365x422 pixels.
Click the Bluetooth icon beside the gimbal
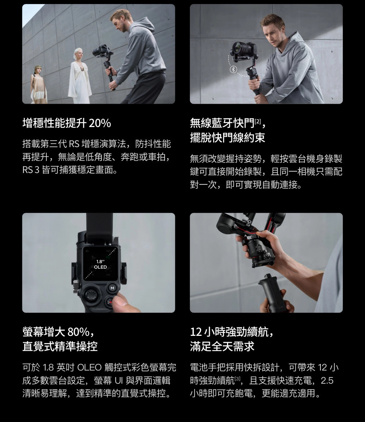click(x=233, y=69)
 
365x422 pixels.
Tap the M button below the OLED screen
click(x=112, y=288)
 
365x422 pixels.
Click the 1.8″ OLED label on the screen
click(x=100, y=264)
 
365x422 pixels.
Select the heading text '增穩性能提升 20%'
click(x=67, y=123)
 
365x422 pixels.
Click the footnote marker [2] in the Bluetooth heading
click(x=258, y=121)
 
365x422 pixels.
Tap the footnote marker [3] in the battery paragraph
click(x=237, y=379)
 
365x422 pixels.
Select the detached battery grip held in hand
click(x=272, y=294)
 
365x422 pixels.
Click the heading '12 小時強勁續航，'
click(x=232, y=332)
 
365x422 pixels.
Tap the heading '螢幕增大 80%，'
click(x=59, y=332)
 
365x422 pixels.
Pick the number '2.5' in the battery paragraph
click(x=327, y=380)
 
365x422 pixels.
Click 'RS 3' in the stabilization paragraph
click(x=31, y=170)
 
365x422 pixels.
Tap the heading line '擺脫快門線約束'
click(x=227, y=138)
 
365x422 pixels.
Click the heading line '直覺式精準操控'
click(x=60, y=346)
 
